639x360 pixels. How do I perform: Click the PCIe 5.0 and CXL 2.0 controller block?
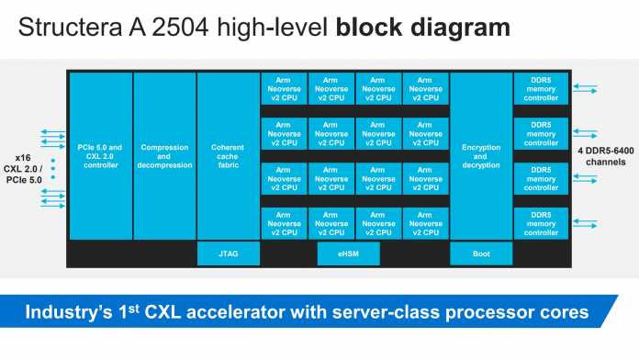pyautogui.click(x=100, y=156)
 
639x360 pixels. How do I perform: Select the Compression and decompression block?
pyautogui.click(x=165, y=156)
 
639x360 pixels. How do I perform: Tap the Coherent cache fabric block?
pyautogui.click(x=228, y=156)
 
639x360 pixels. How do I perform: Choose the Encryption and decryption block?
pyautogui.click(x=481, y=156)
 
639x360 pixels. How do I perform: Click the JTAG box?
pyautogui.click(x=228, y=254)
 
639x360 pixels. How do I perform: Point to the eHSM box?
pyautogui.click(x=347, y=254)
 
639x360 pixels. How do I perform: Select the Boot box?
pyautogui.click(x=481, y=254)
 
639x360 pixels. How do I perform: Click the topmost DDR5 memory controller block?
pyautogui.click(x=541, y=89)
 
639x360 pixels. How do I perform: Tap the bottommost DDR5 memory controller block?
pyautogui.click(x=541, y=223)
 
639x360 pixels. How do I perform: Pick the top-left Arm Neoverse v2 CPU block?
pyautogui.click(x=284, y=89)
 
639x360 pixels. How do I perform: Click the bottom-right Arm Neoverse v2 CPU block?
pyautogui.click(x=425, y=223)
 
